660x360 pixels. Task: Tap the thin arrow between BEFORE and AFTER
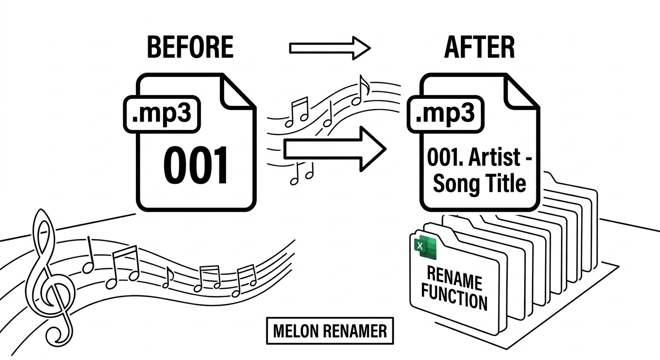pos(330,48)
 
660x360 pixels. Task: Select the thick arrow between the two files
pos(334,149)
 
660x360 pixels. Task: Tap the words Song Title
pos(479,184)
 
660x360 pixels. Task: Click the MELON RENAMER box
pos(330,331)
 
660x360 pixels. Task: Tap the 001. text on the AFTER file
pos(442,158)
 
